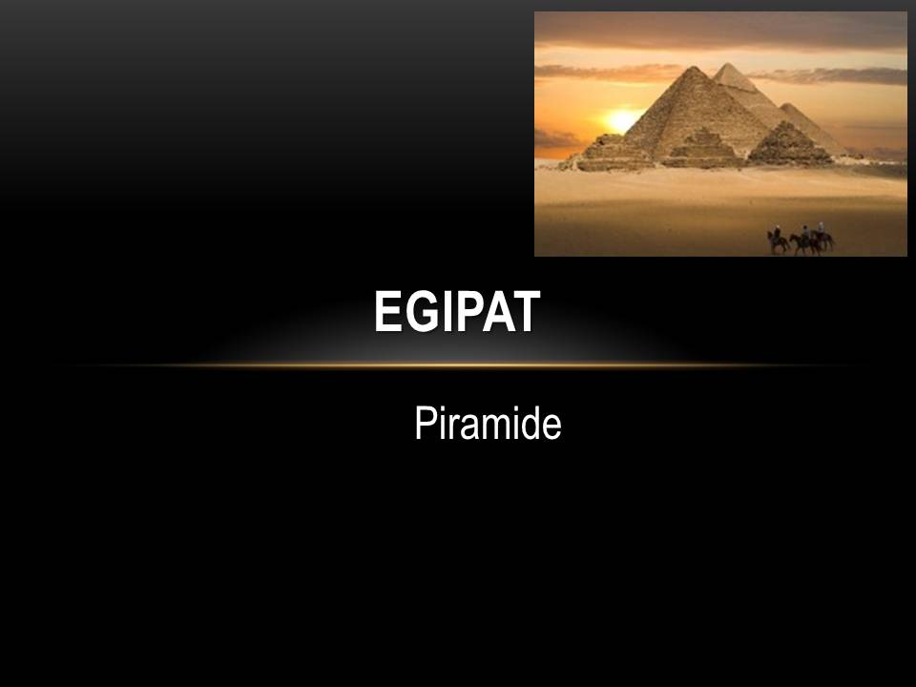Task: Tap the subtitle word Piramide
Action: (x=488, y=423)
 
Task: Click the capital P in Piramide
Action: (x=426, y=423)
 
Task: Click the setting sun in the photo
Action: (x=621, y=121)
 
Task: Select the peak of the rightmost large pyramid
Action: (x=790, y=104)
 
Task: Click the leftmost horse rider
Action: (x=778, y=239)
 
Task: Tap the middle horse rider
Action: (x=805, y=240)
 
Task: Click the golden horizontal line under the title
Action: (x=458, y=365)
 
